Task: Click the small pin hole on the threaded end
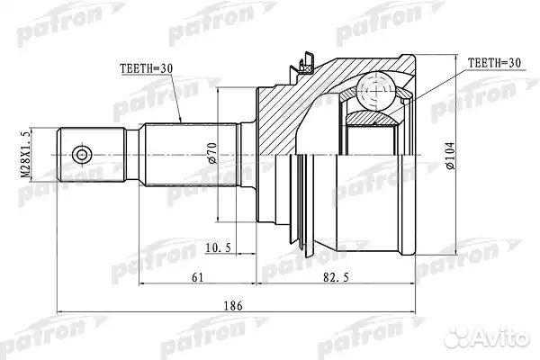(x=82, y=156)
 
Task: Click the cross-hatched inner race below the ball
(x=371, y=118)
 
